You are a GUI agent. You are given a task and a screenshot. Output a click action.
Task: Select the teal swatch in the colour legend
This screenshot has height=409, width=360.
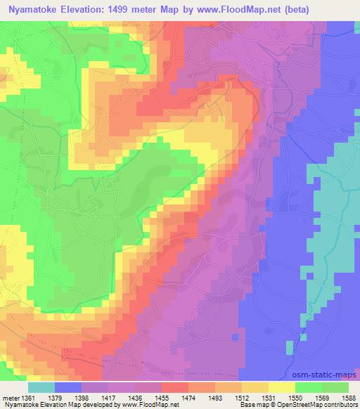(x=41, y=387)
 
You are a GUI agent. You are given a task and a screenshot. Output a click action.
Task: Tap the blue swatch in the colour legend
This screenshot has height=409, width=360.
(x=68, y=387)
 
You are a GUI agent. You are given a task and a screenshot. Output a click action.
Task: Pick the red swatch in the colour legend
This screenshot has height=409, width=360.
(x=175, y=387)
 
